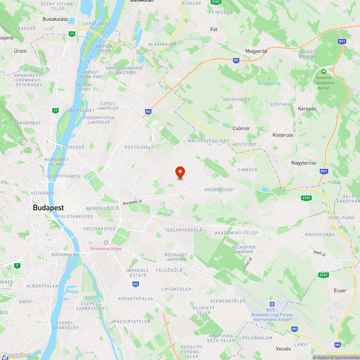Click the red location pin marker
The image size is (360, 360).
[180, 172]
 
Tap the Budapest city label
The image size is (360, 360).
[48, 208]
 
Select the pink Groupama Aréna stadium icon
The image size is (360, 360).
[106, 243]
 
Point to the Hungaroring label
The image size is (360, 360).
[269, 83]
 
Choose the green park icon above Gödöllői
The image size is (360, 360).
[323, 72]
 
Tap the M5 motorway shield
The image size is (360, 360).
[135, 284]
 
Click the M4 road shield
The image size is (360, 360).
[294, 328]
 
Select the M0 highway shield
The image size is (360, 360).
[337, 345]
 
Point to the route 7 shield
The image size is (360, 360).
[17, 266]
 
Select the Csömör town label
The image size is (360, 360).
[241, 129]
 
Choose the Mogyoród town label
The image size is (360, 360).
[256, 51]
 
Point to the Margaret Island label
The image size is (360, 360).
[57, 162]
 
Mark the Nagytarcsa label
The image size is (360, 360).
[303, 163]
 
